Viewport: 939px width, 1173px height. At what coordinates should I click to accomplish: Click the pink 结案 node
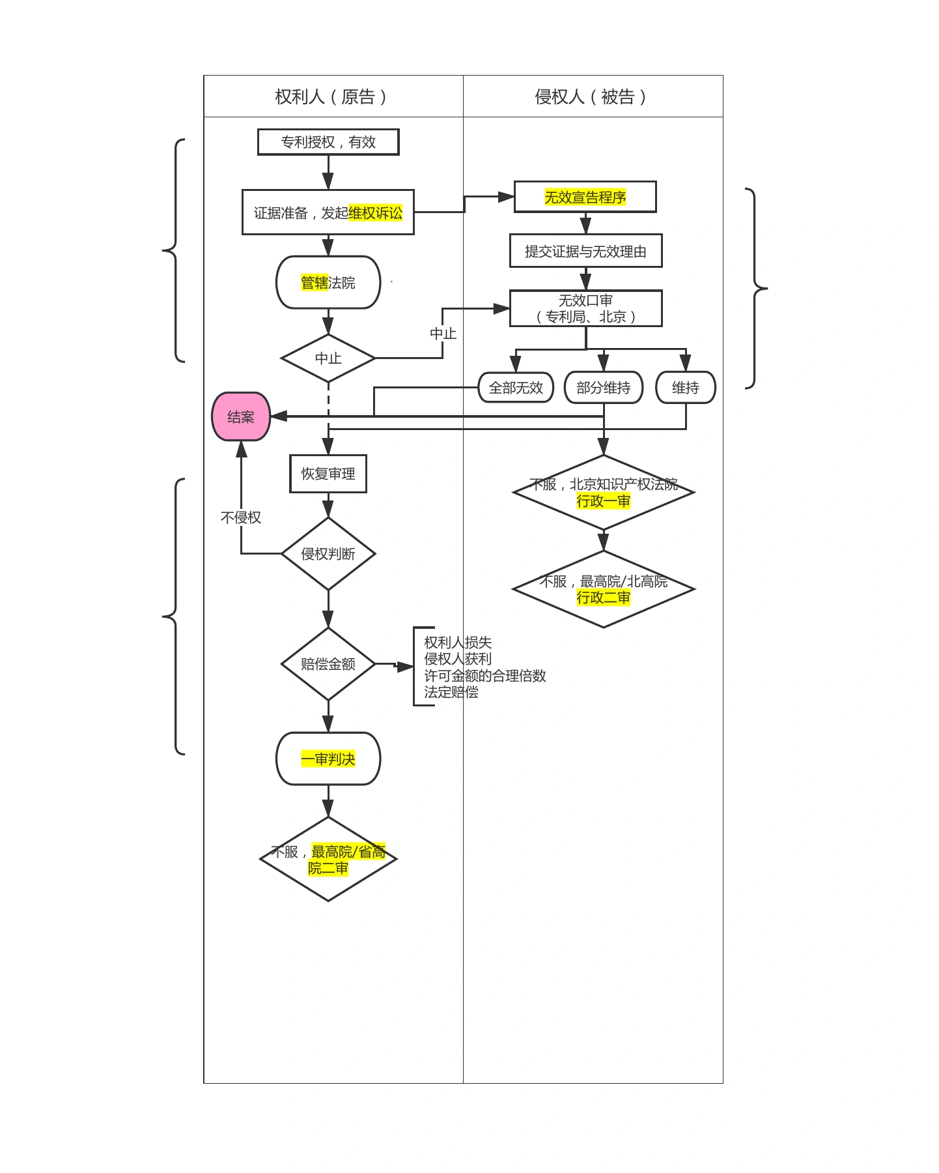241,416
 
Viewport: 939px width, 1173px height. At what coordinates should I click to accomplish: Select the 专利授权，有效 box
328,142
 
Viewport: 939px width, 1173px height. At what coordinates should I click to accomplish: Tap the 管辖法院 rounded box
328,282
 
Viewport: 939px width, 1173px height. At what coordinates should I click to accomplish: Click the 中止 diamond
328,358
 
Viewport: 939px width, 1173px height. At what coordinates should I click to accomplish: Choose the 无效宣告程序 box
585,197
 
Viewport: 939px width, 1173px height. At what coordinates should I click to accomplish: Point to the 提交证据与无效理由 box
586,251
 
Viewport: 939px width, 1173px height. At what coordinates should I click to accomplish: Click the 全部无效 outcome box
516,388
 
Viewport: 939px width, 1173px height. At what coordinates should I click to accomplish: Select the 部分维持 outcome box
604,388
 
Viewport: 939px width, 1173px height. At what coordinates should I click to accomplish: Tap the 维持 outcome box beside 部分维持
686,388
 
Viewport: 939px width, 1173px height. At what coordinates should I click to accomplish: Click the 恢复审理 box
328,474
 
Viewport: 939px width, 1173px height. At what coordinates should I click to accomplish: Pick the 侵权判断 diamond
328,554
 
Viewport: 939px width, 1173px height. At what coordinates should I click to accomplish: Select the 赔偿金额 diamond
328,664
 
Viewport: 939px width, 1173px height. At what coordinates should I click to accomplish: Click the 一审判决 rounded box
328,759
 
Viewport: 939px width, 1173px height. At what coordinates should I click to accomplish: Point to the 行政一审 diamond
604,493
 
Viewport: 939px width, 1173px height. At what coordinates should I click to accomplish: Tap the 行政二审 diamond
604,589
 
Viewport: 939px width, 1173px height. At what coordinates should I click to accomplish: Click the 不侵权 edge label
241,517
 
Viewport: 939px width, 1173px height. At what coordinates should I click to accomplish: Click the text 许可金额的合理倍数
485,676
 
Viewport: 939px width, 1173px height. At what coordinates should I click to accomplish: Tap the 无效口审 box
586,308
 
